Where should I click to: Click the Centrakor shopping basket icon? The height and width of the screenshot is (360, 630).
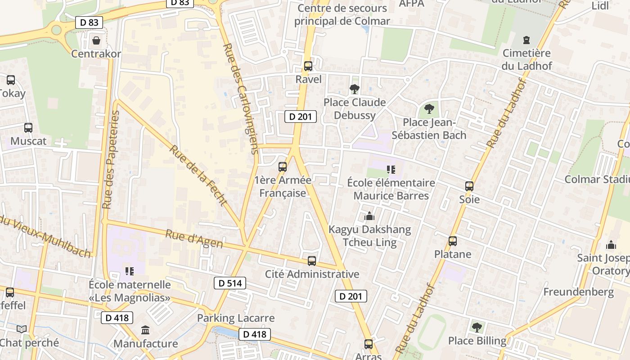point(96,41)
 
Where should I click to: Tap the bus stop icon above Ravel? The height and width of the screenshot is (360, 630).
point(308,66)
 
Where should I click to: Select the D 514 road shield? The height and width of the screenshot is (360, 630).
point(229,283)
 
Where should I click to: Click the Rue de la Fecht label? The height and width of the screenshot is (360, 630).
point(198,175)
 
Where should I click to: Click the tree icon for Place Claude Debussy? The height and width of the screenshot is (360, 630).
point(355,89)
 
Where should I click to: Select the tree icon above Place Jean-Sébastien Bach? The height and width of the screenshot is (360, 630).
point(429,109)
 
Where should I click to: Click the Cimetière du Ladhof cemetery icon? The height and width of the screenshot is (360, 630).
point(526,40)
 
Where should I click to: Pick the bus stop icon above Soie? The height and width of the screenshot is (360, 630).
point(469,186)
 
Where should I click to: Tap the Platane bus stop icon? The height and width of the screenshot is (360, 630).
point(453,241)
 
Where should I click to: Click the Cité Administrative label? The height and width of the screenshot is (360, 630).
point(312,274)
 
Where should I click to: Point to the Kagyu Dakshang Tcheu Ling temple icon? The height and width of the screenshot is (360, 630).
point(369,216)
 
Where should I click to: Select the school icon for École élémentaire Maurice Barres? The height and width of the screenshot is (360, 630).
point(391,170)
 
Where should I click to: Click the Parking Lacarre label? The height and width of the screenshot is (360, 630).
point(236,318)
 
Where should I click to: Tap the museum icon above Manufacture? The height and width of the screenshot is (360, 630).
point(145,331)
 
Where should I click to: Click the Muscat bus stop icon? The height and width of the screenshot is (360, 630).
point(28,128)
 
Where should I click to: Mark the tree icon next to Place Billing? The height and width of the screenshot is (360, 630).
point(477,328)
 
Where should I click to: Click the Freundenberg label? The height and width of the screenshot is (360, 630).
point(578,292)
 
